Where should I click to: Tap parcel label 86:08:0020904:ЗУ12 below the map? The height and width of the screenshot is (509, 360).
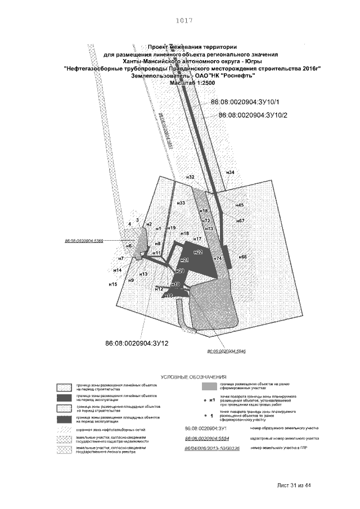coord(137,343)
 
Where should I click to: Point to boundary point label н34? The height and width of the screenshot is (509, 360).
coord(230,172)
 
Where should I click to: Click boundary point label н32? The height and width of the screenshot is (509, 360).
coord(190,177)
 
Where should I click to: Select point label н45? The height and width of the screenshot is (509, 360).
coord(239,205)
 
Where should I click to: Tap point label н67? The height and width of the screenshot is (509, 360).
coord(240,221)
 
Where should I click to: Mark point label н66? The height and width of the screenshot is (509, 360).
coord(242,257)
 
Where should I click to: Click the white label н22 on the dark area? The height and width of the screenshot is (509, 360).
coord(198,253)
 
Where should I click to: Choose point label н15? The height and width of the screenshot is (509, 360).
coord(112,285)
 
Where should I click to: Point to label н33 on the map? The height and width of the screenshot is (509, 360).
coord(181,203)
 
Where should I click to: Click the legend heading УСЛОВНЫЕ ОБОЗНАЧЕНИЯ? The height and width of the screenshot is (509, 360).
coord(193,377)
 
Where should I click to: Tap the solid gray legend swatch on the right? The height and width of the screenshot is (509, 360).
coord(209,386)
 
